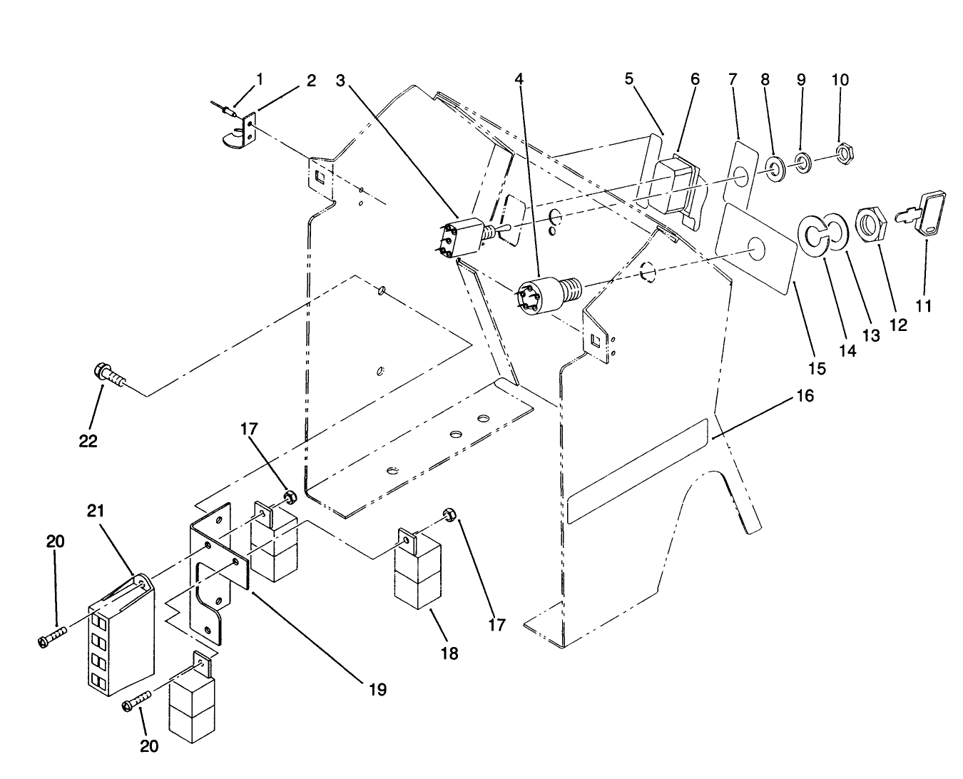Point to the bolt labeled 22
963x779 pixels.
click(108, 376)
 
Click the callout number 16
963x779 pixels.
click(804, 394)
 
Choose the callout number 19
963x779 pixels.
click(377, 689)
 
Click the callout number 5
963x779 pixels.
click(628, 78)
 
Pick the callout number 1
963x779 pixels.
click(260, 78)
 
